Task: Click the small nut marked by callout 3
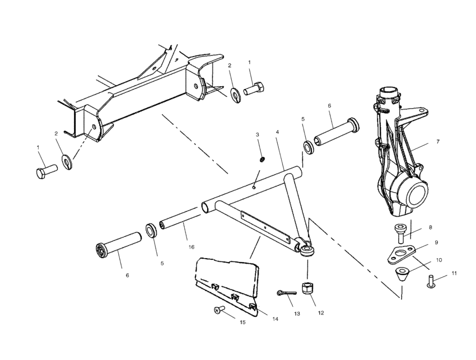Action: pyautogui.click(x=262, y=160)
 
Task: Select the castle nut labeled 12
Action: pyautogui.click(x=307, y=288)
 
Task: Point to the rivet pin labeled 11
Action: pyautogui.click(x=431, y=280)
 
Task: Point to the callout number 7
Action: pyautogui.click(x=438, y=142)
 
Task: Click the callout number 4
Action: pyautogui.click(x=277, y=132)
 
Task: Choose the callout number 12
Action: pyautogui.click(x=321, y=312)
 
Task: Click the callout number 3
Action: pyautogui.click(x=258, y=135)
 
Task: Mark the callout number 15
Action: pyautogui.click(x=242, y=323)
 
